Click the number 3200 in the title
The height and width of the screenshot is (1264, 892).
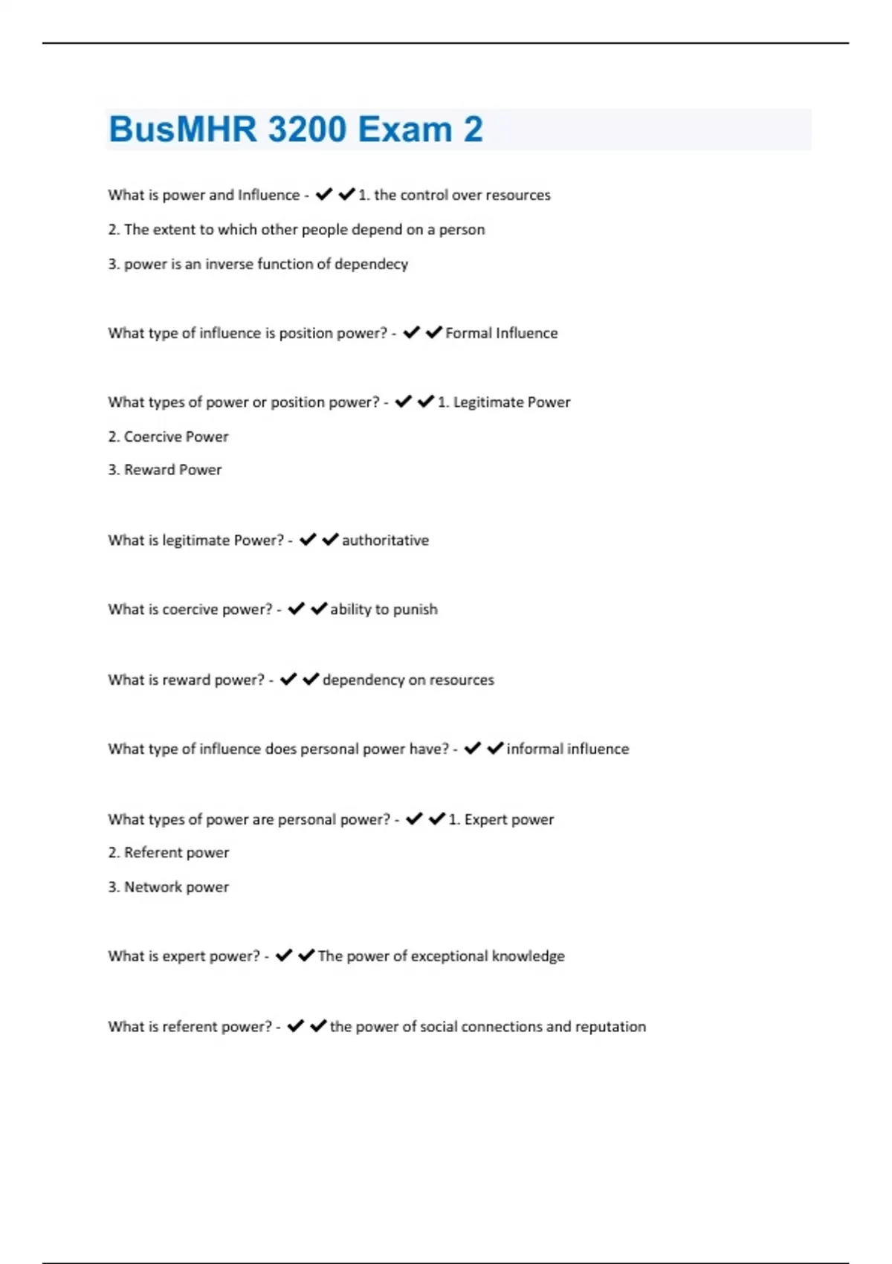pos(307,129)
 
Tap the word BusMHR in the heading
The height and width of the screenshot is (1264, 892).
pos(182,129)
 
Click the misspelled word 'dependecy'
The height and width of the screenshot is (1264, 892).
pos(371,264)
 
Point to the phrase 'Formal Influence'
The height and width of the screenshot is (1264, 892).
pos(501,333)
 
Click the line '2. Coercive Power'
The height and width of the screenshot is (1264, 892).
pos(168,436)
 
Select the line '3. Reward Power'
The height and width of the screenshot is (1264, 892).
pos(165,470)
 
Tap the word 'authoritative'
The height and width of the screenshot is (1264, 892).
pos(385,541)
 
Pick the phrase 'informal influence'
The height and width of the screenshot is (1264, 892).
pos(567,749)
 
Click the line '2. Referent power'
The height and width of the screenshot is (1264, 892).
pos(168,853)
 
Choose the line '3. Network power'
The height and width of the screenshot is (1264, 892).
pos(168,887)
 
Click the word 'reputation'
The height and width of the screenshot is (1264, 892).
pos(610,1027)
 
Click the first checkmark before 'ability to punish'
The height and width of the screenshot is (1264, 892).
pos(296,609)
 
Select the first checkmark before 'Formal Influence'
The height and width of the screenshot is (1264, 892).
pos(411,332)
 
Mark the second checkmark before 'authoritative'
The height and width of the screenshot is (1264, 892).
pos(330,540)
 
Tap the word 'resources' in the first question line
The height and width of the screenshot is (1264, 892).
pos(517,195)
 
